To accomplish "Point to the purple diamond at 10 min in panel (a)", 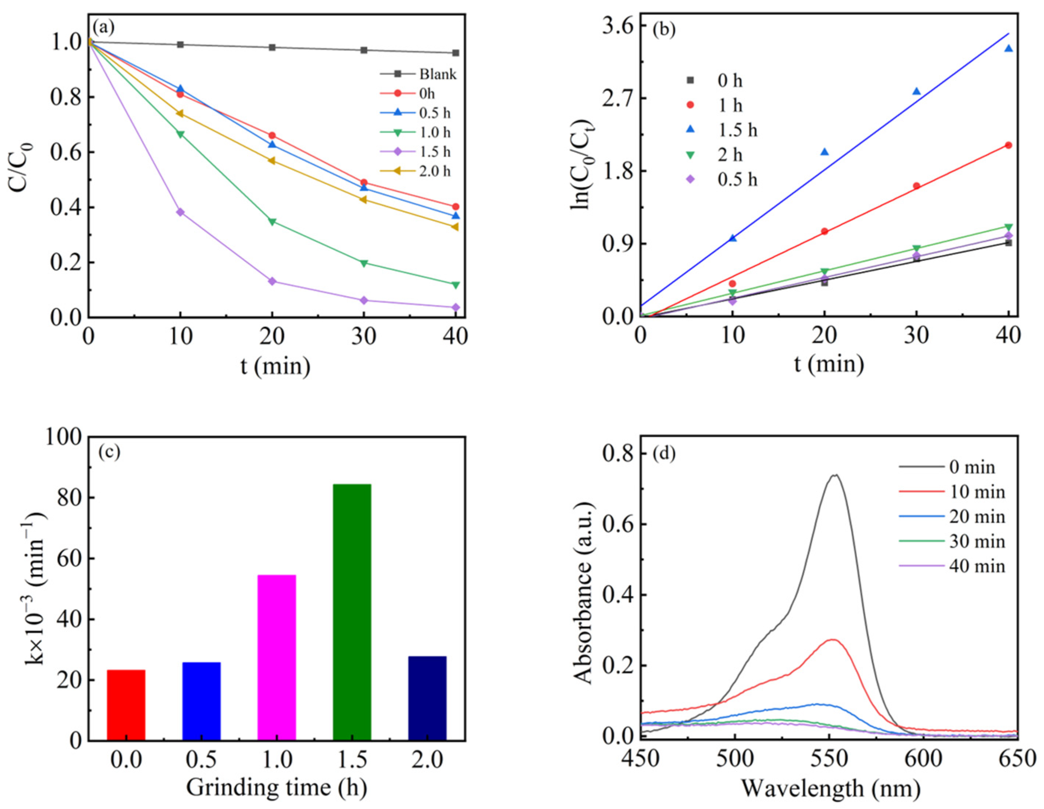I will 180,212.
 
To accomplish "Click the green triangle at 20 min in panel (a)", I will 272,221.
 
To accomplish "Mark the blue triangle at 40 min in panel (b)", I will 1008,48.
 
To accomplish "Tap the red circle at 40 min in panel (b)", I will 1008,145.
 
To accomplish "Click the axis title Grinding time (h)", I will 276,787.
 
